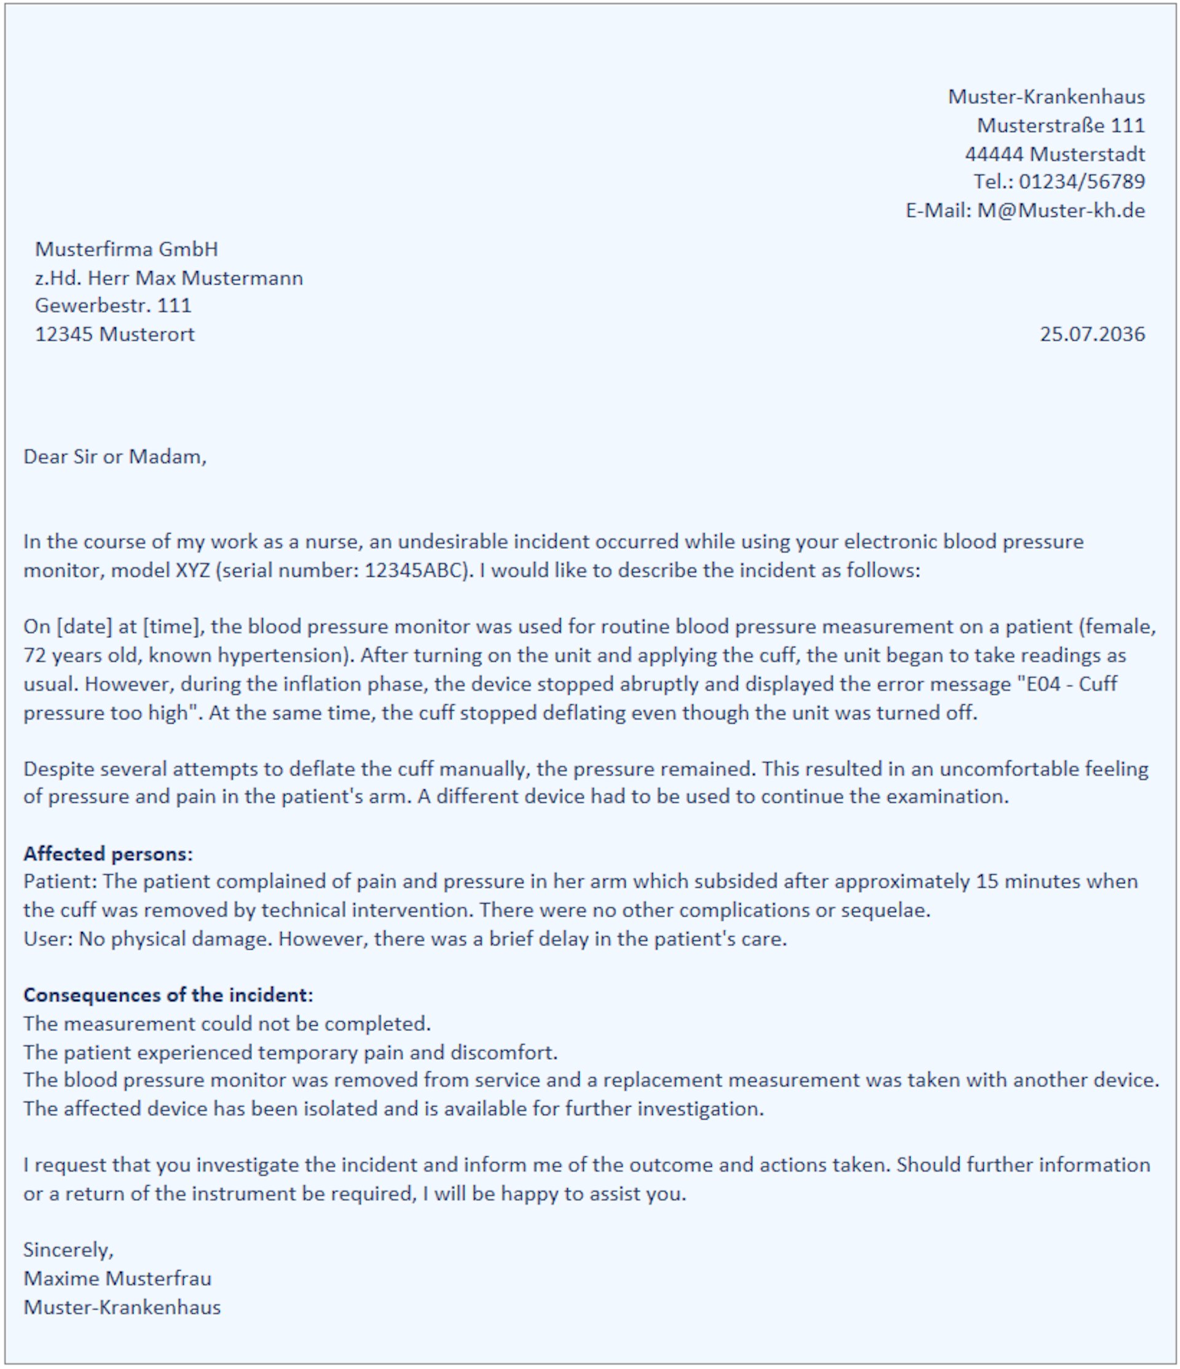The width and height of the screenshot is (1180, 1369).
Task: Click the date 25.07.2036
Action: tap(1091, 334)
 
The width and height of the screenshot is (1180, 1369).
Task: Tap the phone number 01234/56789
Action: tap(1081, 182)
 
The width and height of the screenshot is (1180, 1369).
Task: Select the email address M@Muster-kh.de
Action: tap(1060, 211)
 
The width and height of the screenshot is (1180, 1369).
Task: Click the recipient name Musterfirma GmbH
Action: tap(126, 249)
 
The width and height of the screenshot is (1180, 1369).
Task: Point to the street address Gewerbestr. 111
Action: tap(113, 306)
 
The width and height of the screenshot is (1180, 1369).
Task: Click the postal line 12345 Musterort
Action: tap(114, 334)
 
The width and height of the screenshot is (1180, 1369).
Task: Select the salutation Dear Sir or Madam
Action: tap(114, 457)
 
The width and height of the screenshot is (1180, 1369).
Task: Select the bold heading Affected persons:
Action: tap(108, 854)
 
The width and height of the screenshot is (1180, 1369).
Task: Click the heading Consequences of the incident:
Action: tap(168, 995)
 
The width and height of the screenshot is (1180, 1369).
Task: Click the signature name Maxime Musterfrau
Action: tap(117, 1279)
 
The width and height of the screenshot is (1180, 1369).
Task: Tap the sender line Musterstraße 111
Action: tap(1060, 125)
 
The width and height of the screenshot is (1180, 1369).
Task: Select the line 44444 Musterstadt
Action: tap(1055, 154)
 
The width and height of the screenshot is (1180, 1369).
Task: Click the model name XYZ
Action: tap(192, 570)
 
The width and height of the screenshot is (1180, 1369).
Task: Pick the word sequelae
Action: tap(884, 910)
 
